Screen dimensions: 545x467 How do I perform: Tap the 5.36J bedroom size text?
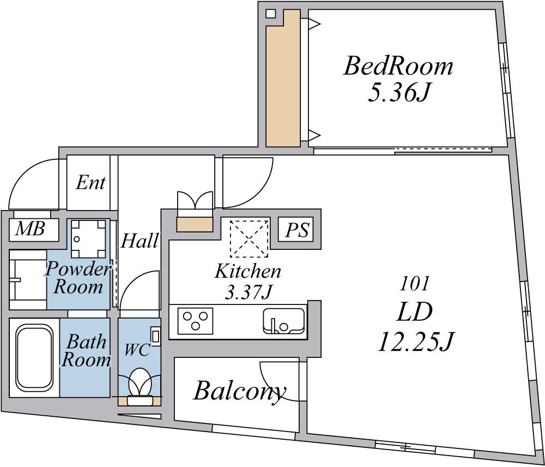pyautogui.click(x=398, y=93)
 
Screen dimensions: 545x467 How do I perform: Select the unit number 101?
pyautogui.click(x=414, y=284)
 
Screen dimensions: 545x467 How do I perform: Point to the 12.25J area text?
pyautogui.click(x=416, y=341)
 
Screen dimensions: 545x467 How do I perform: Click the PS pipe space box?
pyautogui.click(x=297, y=230)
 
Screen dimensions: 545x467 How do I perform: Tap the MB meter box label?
pyautogui.click(x=31, y=229)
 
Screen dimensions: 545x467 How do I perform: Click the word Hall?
pyautogui.click(x=140, y=241)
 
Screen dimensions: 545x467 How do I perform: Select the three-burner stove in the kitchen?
pyautogui.click(x=195, y=321)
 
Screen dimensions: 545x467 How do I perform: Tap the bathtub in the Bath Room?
pyautogui.click(x=34, y=357)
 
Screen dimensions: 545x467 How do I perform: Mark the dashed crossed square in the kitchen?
pyautogui.click(x=249, y=238)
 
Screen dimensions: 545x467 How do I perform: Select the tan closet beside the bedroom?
pyautogui.click(x=283, y=79)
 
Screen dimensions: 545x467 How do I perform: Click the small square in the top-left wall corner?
pyautogui.click(x=270, y=14)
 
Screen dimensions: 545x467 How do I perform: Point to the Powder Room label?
pyautogui.click(x=78, y=278)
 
